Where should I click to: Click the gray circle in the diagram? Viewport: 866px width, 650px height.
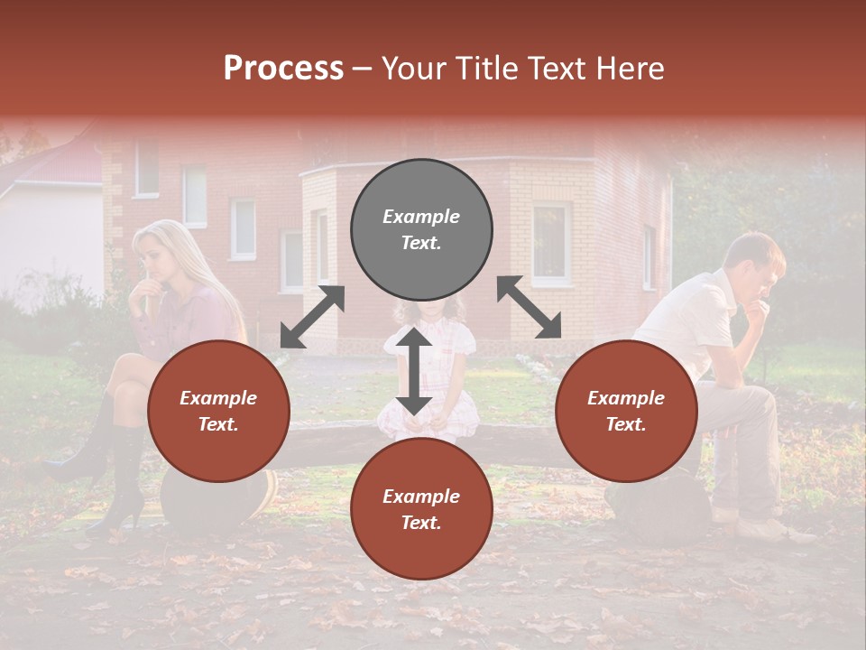coord(421,230)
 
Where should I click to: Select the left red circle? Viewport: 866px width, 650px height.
coord(218,412)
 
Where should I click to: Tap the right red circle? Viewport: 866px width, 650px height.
coord(626,412)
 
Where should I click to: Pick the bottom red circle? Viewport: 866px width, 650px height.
coord(421,510)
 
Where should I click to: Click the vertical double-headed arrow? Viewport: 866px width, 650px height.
coord(414,371)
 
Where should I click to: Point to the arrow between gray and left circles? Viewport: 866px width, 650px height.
coord(312,317)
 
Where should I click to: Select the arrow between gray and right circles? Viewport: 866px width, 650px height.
coord(530,307)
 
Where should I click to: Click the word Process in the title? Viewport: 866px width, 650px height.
coord(283,69)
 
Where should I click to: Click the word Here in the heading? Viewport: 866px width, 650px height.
coord(631,69)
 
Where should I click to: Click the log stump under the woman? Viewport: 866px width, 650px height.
coord(216,501)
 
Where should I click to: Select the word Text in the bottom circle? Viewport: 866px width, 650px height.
coord(421,523)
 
